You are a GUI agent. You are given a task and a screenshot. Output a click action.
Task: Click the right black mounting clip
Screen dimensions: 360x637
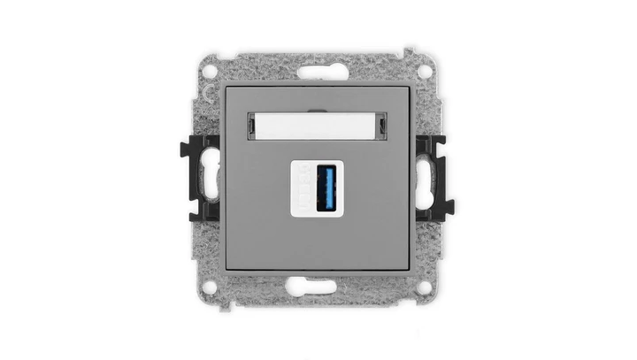pos(435,178)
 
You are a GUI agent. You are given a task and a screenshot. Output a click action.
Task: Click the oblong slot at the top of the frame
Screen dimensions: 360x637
pos(318,67)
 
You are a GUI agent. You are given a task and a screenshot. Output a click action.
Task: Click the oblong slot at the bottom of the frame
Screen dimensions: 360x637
pos(318,286)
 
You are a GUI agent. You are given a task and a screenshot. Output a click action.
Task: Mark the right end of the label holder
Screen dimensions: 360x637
pos(383,126)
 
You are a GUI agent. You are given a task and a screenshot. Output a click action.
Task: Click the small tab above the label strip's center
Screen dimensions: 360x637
pos(318,110)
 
